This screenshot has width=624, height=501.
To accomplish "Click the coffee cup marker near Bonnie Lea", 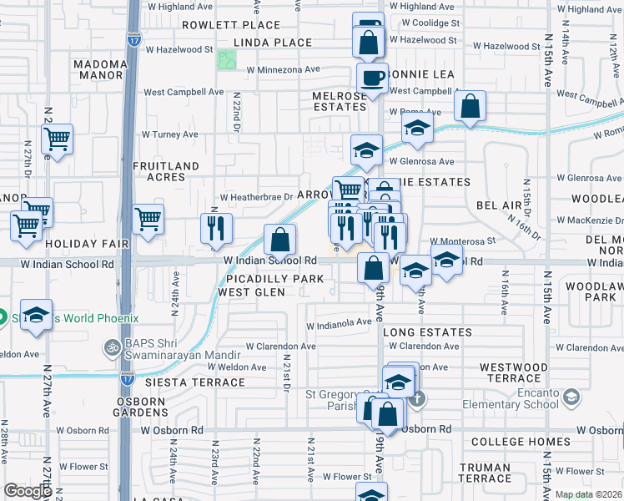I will (372, 78).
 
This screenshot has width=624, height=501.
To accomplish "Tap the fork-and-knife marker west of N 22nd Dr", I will (215, 228).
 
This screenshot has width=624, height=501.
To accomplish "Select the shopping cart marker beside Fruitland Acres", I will (148, 220).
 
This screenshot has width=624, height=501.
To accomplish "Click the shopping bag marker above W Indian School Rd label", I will (280, 240).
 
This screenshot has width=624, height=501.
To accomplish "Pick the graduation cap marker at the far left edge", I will (36, 316).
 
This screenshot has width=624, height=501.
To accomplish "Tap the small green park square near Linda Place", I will (226, 60).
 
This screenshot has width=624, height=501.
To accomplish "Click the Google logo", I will (28, 491).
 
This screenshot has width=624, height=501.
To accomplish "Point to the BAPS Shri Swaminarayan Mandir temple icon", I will (111, 347).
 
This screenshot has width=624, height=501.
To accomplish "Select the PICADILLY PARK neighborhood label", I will (264, 277).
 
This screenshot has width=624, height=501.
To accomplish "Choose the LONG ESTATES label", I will (427, 332).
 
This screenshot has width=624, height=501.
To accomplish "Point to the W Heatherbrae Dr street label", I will (257, 198).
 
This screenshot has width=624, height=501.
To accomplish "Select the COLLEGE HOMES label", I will (521, 442).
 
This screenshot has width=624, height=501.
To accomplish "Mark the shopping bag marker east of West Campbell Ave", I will (471, 107).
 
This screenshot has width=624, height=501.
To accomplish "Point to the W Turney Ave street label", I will (169, 134).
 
